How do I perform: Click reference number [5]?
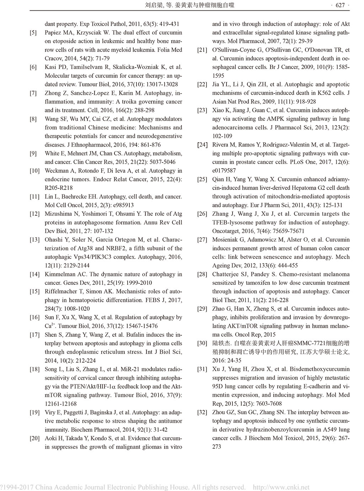pyautogui.click(x=33, y=33)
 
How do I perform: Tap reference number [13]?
pyautogui.click(x=34, y=240)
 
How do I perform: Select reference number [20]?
pyautogui.click(x=34, y=438)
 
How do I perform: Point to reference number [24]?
pyautogui.click(x=202, y=145)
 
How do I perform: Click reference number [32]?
pyautogui.click(x=202, y=412)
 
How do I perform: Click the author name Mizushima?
pyautogui.click(x=58, y=214)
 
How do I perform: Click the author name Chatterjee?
pyautogui.click(x=226, y=274)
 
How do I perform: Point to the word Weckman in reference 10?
pyautogui.click(x=57, y=171)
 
